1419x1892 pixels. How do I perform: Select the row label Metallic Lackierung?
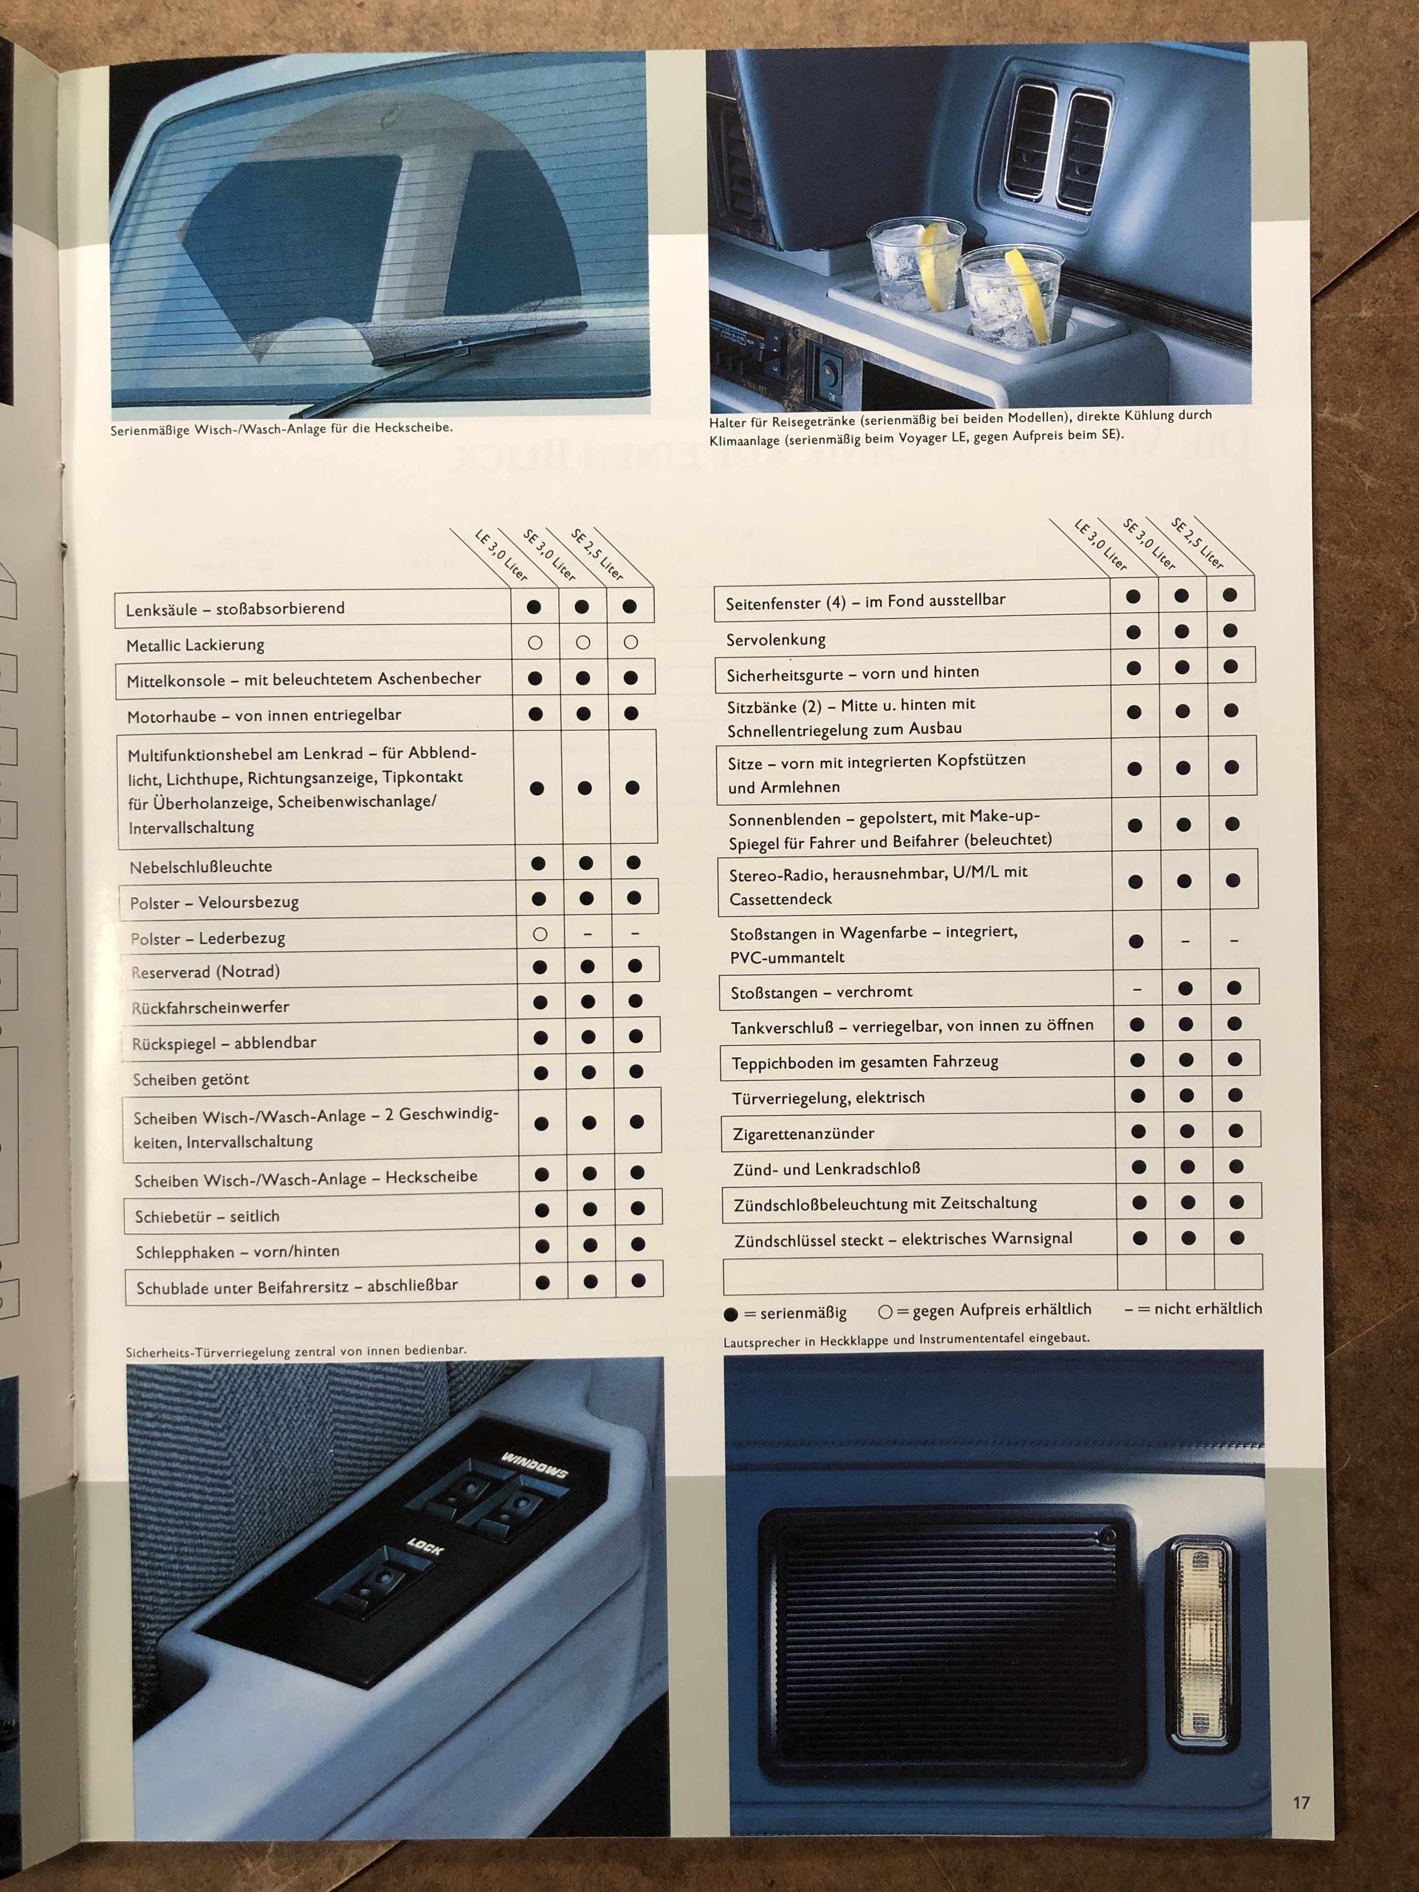pyautogui.click(x=195, y=645)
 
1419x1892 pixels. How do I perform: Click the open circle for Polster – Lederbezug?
pyautogui.click(x=540, y=934)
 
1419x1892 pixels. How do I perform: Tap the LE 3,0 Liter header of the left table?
pyautogui.click(x=501, y=556)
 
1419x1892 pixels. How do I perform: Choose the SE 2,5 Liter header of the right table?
pyautogui.click(x=1198, y=543)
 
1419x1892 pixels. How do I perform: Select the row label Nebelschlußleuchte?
pyautogui.click(x=201, y=866)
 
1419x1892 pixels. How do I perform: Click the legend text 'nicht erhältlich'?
pyautogui.click(x=1208, y=1308)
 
